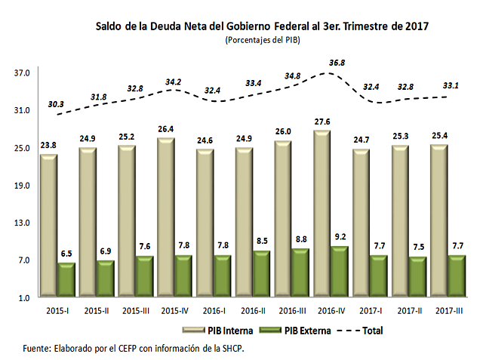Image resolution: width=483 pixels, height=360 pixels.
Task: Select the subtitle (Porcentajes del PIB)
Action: pyautogui.click(x=262, y=40)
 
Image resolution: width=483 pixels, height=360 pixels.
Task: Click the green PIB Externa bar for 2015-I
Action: pyautogui.click(x=66, y=279)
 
